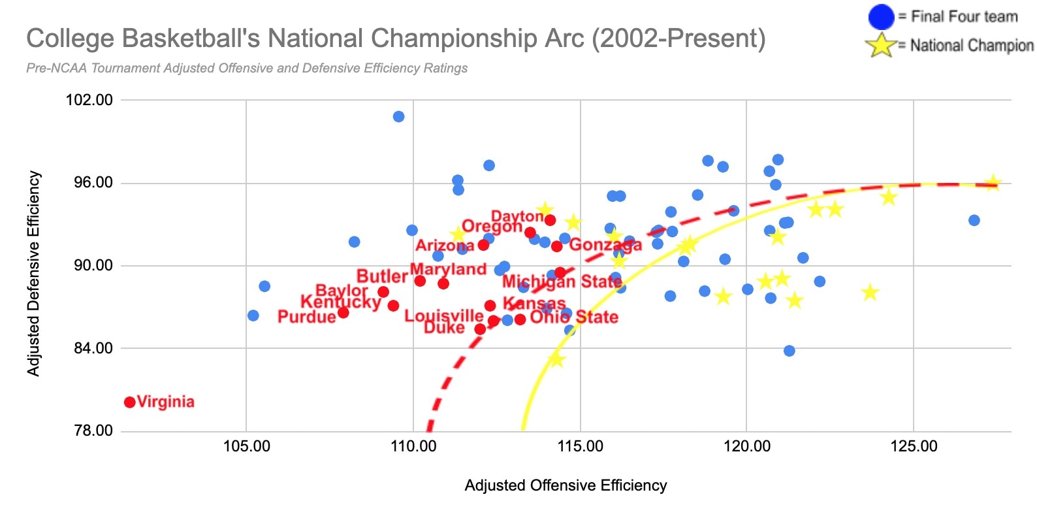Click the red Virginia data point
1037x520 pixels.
(x=130, y=402)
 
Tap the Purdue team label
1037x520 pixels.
(x=306, y=317)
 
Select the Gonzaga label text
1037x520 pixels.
(x=605, y=245)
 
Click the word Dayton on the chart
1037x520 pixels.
(x=517, y=216)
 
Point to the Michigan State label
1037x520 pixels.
(x=562, y=282)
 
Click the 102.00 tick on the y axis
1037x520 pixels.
(x=89, y=100)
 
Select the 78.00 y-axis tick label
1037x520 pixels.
(x=89, y=431)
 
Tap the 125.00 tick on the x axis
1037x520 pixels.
(x=914, y=447)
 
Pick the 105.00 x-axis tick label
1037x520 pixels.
(x=246, y=447)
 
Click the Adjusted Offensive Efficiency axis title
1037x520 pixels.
(x=566, y=485)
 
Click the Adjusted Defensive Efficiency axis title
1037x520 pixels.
(x=33, y=274)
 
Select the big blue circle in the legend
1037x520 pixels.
(x=881, y=17)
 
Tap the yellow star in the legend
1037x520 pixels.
(x=880, y=45)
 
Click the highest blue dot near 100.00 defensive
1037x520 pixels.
(x=398, y=117)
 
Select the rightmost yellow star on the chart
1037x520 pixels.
(x=993, y=184)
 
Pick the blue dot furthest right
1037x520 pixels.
(x=974, y=220)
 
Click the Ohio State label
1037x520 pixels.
(x=574, y=317)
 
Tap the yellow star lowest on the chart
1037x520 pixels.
(x=556, y=359)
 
